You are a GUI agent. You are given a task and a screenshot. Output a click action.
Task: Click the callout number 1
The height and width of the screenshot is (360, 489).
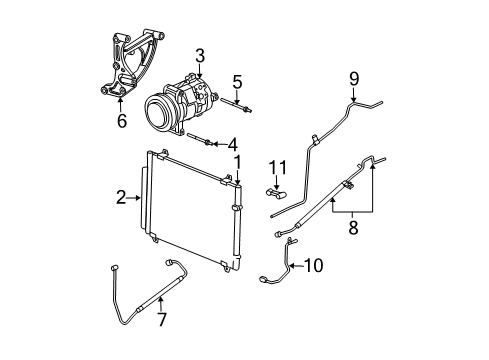point(237,160)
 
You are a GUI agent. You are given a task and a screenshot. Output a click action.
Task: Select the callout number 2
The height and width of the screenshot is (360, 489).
point(120,198)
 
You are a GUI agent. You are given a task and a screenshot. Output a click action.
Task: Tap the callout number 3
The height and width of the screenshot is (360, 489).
point(200,55)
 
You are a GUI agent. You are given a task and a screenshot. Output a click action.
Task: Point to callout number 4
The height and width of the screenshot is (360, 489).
point(232,143)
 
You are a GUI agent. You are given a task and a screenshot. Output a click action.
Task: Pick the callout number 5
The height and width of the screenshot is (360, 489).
point(237,81)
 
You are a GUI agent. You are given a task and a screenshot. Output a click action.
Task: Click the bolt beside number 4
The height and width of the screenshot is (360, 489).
point(200,141)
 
